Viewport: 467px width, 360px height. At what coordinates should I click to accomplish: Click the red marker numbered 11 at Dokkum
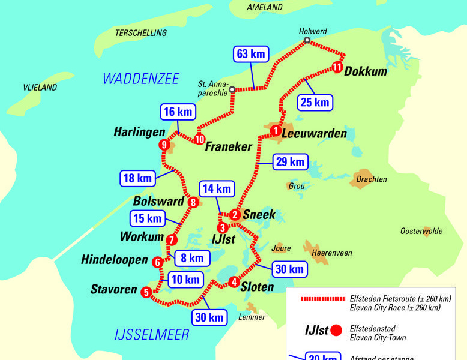click(337, 67)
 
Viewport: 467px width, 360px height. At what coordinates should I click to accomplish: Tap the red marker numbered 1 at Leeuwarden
click(275, 130)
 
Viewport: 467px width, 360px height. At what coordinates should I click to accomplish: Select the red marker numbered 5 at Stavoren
click(146, 293)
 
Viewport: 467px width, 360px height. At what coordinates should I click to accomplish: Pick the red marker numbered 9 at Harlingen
click(164, 145)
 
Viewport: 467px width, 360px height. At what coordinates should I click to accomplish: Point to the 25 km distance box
click(315, 103)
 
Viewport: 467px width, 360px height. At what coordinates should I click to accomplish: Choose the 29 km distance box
click(289, 162)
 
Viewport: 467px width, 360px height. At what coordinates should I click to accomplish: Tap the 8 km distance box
click(193, 259)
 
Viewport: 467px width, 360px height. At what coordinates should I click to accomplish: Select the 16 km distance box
click(178, 112)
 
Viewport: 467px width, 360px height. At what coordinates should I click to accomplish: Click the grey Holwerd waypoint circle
click(307, 41)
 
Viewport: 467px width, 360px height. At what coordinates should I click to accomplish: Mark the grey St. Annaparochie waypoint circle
click(232, 89)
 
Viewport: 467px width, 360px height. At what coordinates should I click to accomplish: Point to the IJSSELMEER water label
click(152, 335)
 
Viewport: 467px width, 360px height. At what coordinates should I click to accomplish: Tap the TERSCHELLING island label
click(141, 33)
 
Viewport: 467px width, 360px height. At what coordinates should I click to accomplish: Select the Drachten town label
click(372, 179)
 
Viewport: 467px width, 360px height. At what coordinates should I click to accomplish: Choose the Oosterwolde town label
click(421, 231)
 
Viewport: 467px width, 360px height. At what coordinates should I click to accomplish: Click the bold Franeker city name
click(229, 146)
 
